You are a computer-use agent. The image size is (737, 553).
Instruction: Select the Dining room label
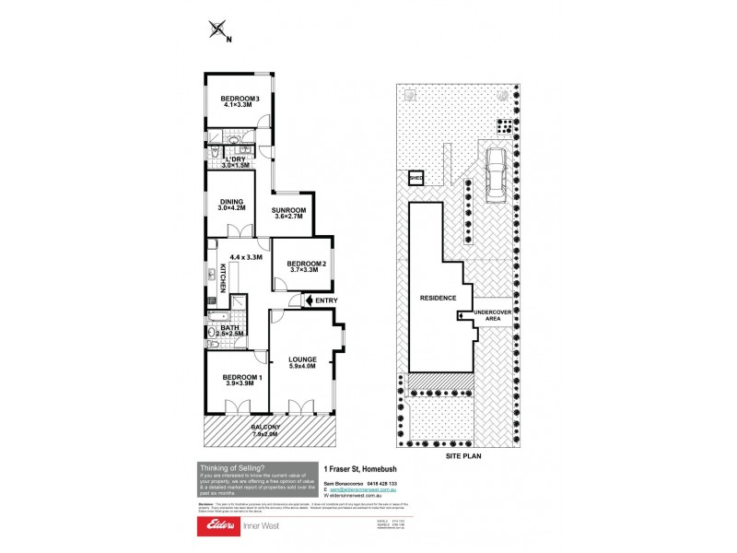[230, 205]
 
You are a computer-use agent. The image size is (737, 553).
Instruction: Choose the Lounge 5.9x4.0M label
[301, 363]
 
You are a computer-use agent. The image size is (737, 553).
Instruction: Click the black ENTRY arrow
[308, 300]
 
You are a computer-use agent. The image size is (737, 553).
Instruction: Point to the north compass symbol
[219, 30]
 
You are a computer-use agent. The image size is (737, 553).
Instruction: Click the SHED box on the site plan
[416, 180]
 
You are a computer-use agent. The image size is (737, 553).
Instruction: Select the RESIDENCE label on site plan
[438, 299]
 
